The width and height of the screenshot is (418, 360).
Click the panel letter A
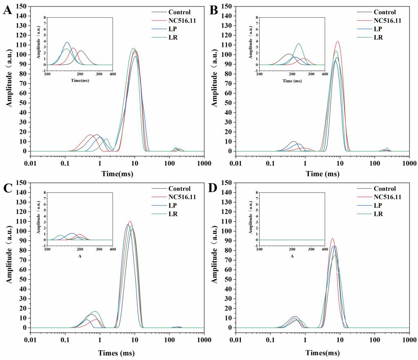tap(7, 10)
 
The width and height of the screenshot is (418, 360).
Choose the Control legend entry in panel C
tap(179, 189)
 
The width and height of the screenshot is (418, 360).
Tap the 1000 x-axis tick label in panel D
tap(409, 340)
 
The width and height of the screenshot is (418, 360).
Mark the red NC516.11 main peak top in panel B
tap(338, 42)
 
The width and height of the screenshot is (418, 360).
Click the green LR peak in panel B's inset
tap(298, 44)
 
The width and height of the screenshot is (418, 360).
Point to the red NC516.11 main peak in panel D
tap(332, 238)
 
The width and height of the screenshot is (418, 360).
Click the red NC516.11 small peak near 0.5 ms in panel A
tap(91, 135)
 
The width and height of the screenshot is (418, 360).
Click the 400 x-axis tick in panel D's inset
tap(325, 249)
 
